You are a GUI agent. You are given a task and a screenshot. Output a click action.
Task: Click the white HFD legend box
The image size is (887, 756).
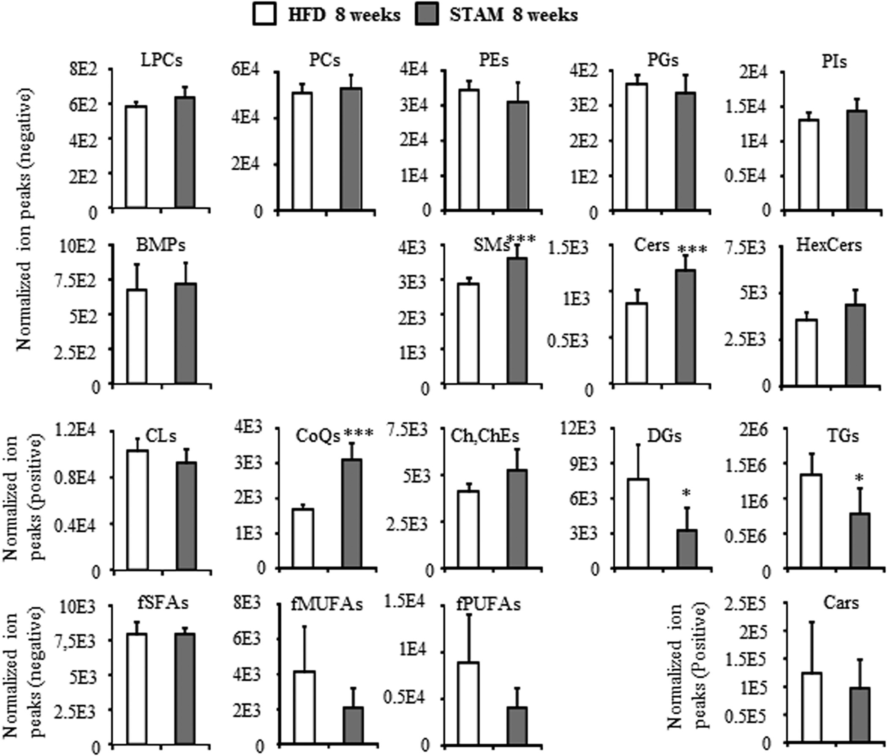(264, 15)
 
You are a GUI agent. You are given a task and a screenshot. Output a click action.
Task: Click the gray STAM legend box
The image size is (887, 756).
(427, 15)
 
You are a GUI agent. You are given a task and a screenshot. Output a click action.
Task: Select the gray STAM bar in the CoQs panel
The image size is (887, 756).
(352, 513)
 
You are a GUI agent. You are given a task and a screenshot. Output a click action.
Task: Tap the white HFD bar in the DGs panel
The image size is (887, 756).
(638, 523)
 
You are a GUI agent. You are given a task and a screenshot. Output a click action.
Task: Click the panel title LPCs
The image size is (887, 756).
(161, 60)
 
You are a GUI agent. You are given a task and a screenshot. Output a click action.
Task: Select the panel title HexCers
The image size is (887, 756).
(829, 245)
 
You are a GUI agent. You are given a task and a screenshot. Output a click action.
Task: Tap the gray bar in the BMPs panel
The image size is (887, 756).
(185, 333)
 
